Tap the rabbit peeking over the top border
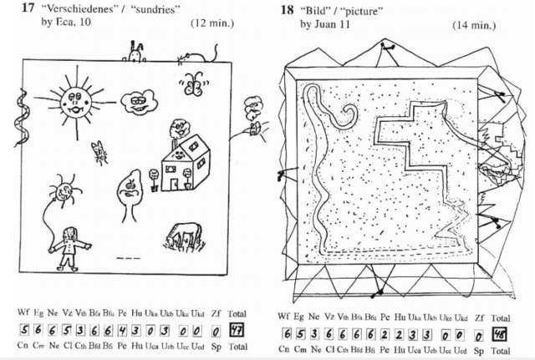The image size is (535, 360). [135, 53]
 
